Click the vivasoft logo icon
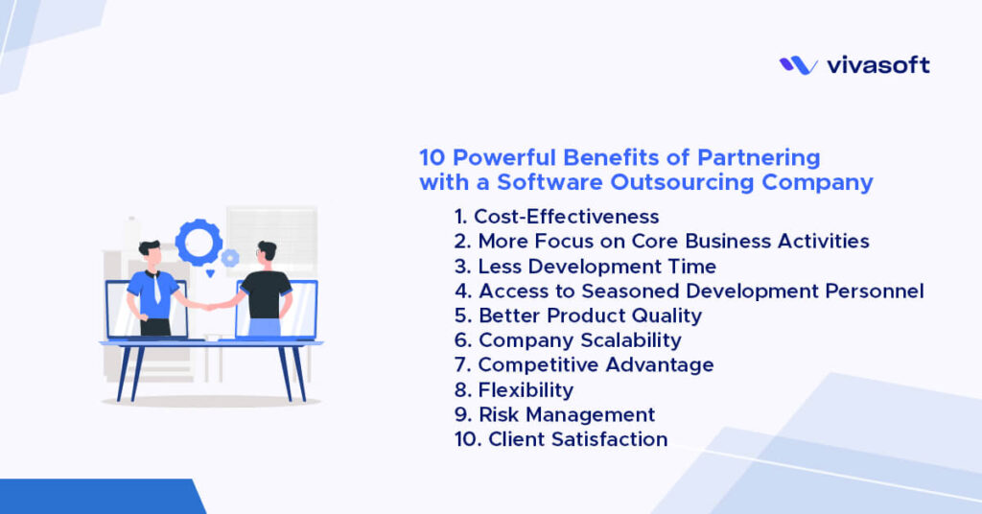coord(798,65)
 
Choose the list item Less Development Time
coord(585,267)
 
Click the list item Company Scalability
coord(568,341)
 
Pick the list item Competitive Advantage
coord(584,366)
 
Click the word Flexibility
coord(526,391)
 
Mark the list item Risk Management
coord(555,416)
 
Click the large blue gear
coord(199,242)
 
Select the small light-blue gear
coord(230,258)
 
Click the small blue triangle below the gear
coord(211,274)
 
